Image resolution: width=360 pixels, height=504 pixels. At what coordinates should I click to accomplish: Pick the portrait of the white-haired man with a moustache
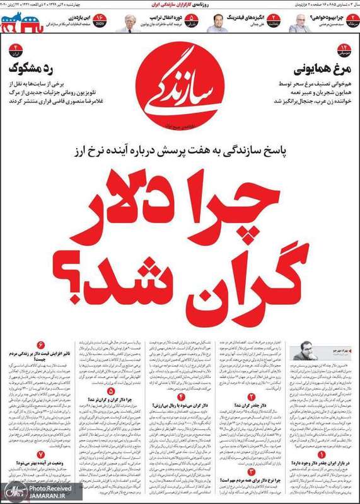[x=132, y=23]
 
